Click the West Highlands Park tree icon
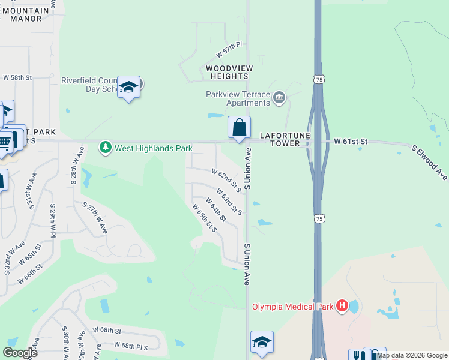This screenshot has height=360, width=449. [x=106, y=147]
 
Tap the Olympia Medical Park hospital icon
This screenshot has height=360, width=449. [x=342, y=307]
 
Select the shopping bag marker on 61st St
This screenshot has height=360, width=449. [x=239, y=128]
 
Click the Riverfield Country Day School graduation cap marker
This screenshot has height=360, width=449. [x=128, y=88]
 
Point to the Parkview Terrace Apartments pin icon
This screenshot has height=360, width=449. [x=279, y=97]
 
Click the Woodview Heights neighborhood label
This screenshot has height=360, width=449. [x=229, y=72]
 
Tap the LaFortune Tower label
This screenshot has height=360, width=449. [x=281, y=140]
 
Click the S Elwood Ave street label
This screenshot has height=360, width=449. [x=429, y=162]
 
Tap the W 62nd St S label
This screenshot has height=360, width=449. [x=226, y=180]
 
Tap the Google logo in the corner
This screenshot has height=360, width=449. [x=20, y=353]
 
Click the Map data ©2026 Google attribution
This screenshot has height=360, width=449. [x=412, y=355]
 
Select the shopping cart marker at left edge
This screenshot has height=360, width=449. [x=5, y=142]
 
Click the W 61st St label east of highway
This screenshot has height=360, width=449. [x=350, y=141]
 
